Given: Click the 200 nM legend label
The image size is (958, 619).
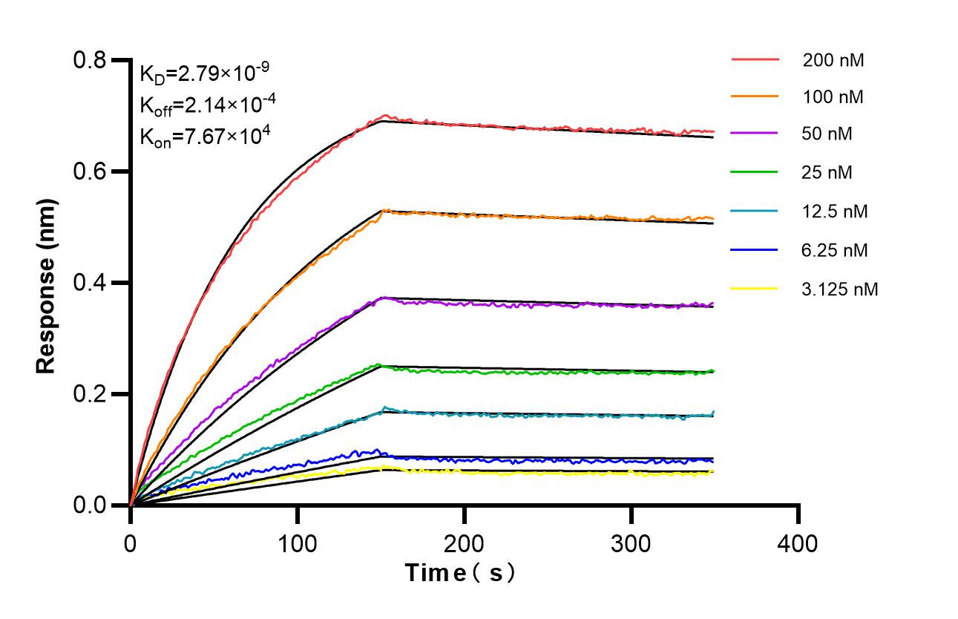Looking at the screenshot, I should tap(833, 60).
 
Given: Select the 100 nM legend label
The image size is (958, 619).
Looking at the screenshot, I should tap(833, 96).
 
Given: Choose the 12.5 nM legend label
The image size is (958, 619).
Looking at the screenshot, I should tap(835, 212).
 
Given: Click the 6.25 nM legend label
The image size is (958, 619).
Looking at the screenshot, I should tap(835, 250).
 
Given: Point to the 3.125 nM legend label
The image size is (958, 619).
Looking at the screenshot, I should tap(840, 289).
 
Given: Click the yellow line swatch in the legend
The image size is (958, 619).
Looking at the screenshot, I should tap(755, 288).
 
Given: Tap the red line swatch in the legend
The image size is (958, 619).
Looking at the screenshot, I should tap(755, 59).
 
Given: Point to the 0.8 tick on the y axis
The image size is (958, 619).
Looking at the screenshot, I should tap(90, 60).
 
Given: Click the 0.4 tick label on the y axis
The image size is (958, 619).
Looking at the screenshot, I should tap(90, 283).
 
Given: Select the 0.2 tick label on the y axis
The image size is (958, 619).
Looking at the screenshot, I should tap(90, 394).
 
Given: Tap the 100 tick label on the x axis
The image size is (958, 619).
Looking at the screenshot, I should tap(298, 543).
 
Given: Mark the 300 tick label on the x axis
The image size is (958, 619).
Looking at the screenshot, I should tap(631, 543).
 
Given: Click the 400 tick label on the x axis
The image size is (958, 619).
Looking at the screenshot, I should tap(798, 543).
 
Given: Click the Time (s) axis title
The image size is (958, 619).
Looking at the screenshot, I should tap(459, 573).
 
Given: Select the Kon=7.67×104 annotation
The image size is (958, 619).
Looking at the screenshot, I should tap(203, 136).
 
